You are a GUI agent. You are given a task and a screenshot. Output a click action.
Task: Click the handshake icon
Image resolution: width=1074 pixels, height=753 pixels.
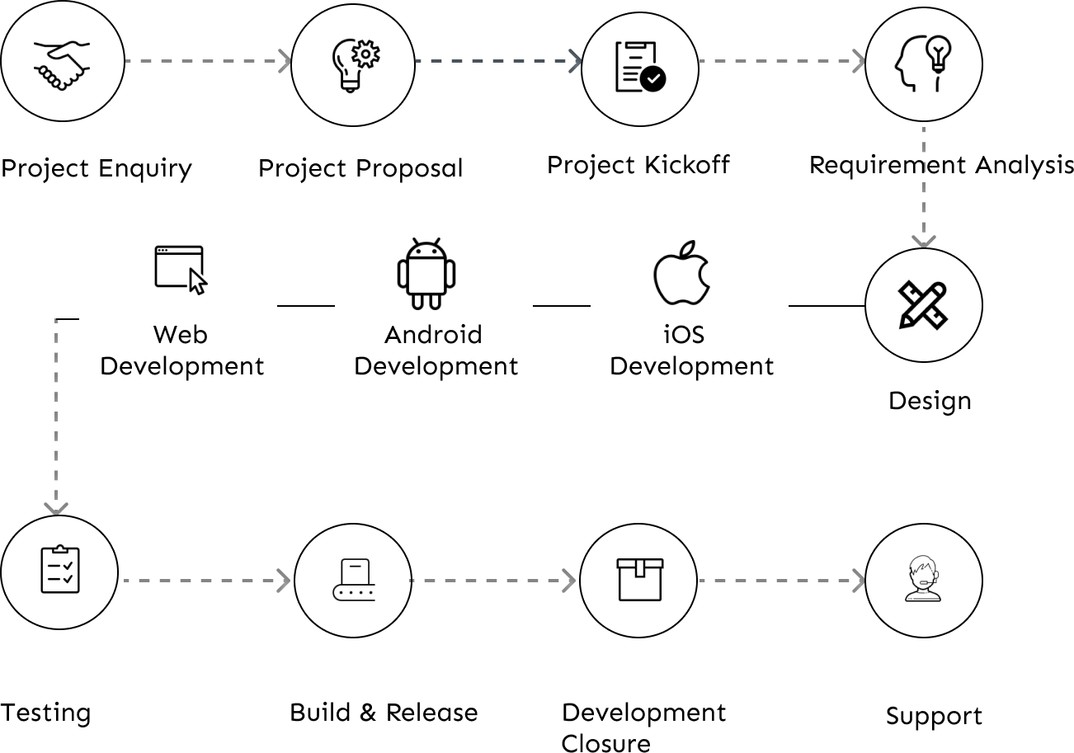[x=62, y=64]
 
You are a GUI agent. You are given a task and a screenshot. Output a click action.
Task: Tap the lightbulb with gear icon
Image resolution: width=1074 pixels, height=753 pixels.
[x=354, y=65]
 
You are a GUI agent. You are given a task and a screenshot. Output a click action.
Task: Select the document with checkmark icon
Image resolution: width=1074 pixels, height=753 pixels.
[x=640, y=68]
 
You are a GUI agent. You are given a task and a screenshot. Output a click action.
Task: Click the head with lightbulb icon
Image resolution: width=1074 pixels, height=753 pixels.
[x=923, y=64]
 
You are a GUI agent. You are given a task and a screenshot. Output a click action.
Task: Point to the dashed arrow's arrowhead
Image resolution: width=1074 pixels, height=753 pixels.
[x=577, y=61]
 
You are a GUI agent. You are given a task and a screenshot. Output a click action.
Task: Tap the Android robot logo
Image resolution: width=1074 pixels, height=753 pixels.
[x=426, y=274]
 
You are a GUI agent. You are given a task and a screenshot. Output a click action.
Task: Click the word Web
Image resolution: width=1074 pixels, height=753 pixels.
[x=180, y=335]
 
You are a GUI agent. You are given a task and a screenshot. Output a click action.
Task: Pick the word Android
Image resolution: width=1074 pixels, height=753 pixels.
[x=433, y=335]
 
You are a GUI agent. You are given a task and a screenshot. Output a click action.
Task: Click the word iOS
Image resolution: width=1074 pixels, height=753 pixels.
[x=684, y=335]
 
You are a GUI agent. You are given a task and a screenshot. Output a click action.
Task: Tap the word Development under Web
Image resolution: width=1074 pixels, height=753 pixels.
[x=181, y=366]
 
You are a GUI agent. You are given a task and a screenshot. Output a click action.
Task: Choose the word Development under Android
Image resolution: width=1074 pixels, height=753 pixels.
[x=436, y=366]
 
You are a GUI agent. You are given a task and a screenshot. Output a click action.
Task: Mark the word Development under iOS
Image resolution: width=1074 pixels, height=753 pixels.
[x=691, y=366]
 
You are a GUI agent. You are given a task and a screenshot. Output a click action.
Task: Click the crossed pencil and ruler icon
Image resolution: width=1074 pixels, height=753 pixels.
[x=923, y=305]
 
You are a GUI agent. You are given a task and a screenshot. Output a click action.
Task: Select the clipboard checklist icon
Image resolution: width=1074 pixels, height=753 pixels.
[x=60, y=570]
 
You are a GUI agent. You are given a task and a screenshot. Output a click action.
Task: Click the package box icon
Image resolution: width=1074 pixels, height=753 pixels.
[x=639, y=579]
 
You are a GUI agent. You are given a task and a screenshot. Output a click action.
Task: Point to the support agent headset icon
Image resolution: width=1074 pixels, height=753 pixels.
[x=923, y=580]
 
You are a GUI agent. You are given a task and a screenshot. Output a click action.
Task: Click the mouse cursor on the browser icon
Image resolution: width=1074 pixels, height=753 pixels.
[x=198, y=281]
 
